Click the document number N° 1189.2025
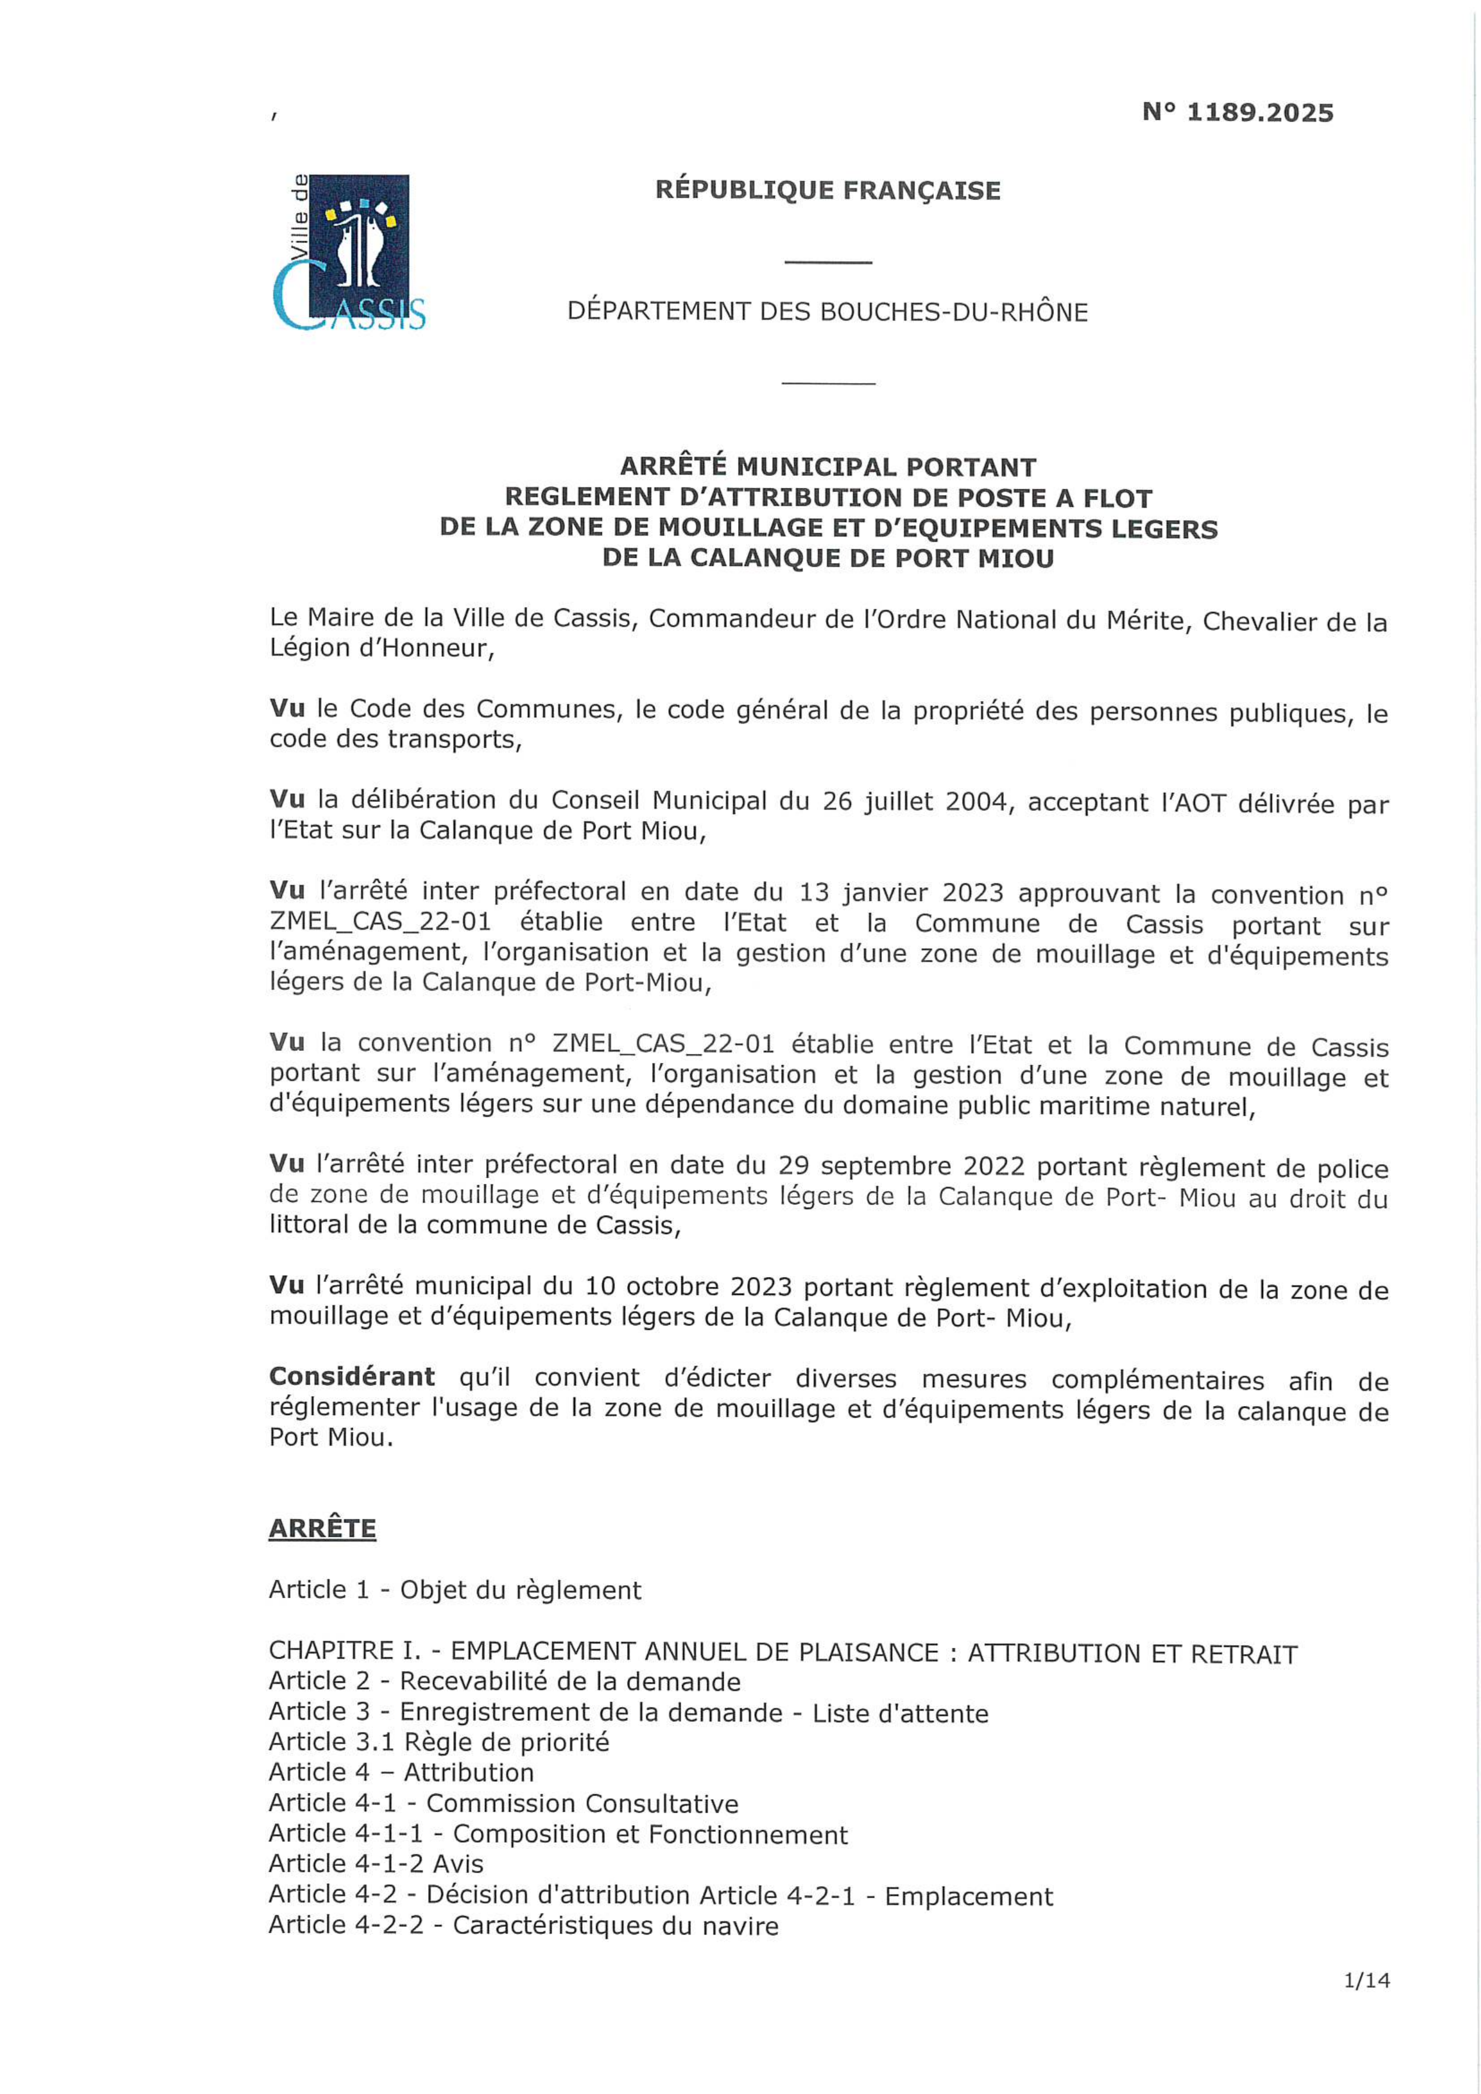(1237, 113)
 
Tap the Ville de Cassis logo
(349, 253)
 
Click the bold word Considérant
(352, 1376)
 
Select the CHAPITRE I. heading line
(782, 1653)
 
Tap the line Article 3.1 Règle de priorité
(439, 1742)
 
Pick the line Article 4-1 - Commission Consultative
(503, 1803)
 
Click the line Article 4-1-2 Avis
(376, 1864)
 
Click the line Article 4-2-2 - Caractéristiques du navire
(524, 1925)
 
